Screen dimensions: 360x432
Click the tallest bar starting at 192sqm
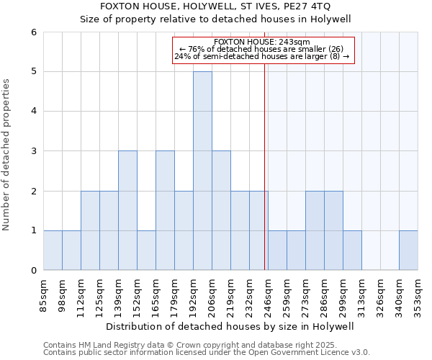coord(202,171)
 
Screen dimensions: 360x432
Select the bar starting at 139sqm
coord(127,210)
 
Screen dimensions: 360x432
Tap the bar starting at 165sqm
coord(165,210)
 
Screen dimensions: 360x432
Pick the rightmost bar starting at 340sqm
coord(408,251)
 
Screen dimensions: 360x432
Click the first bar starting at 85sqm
coord(53,251)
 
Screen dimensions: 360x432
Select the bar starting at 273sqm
coord(315,230)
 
